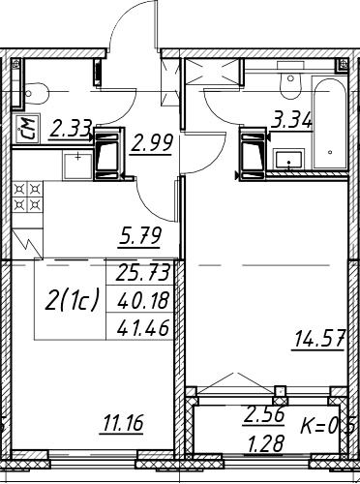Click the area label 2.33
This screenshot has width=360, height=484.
tap(71, 129)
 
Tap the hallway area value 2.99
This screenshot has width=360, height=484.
tap(151, 142)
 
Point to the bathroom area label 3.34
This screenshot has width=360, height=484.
tap(292, 119)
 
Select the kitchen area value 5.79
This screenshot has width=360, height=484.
tap(139, 235)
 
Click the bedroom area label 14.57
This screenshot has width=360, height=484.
tap(318, 340)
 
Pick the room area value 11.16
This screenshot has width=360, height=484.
tap(122, 423)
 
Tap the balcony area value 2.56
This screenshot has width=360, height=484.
tap(264, 414)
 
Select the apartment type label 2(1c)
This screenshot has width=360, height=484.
tap(72, 300)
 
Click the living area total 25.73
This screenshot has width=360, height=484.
tap(142, 272)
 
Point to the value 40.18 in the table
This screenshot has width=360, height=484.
tap(142, 300)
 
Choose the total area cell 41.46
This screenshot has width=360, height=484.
tap(142, 327)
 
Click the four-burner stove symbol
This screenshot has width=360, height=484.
tap(27, 197)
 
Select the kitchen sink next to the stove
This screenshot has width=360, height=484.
tap(77, 166)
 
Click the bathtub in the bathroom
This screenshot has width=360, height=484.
tap(329, 123)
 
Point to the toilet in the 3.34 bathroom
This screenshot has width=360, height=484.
tap(291, 82)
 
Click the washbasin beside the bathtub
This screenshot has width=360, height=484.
tap(288, 159)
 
